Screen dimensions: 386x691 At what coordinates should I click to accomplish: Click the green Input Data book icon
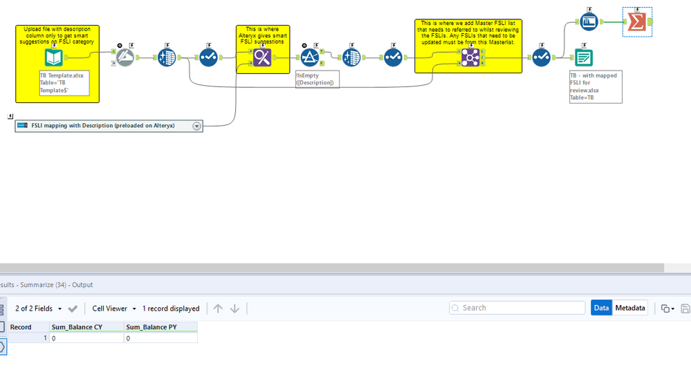(54, 57)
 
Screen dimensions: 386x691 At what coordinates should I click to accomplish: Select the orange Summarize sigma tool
(637, 23)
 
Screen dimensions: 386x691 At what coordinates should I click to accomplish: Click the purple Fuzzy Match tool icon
(262, 57)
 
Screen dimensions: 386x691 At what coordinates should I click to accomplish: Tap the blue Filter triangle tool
(309, 57)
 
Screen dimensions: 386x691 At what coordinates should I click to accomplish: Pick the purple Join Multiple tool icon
(470, 57)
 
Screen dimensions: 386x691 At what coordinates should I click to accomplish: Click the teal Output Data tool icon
(583, 57)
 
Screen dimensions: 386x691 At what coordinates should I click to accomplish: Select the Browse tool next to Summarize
(589, 22)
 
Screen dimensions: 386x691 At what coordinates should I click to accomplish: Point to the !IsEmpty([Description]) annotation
(317, 79)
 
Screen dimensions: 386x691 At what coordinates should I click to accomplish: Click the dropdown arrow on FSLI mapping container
(196, 126)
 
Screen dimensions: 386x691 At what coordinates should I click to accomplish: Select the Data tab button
(601, 308)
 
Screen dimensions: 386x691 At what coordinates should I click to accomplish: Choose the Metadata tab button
(630, 308)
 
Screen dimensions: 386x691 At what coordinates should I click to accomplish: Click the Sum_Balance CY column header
(77, 327)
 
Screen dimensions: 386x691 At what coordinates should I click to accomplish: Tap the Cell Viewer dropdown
(113, 309)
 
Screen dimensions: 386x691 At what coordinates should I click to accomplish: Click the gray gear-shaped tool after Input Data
(124, 57)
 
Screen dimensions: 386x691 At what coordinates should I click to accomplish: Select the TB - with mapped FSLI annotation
(594, 86)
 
